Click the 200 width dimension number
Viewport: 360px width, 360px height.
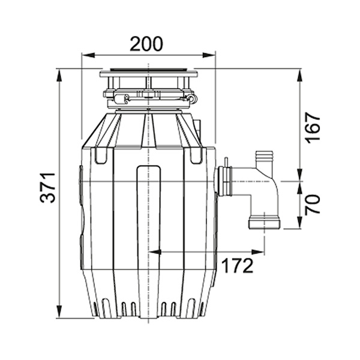tap(146, 44)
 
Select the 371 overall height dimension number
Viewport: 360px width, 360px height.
tap(48, 188)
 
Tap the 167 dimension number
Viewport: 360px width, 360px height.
tap(313, 128)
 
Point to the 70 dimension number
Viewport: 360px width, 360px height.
tap(313, 205)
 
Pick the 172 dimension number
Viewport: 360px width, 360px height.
tap(238, 266)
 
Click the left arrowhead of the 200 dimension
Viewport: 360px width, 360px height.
tap(88, 55)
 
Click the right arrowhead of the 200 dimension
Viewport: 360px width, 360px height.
tap(209, 55)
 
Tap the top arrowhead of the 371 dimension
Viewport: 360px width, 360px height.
tap(59, 76)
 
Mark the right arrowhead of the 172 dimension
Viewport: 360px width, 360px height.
tap(258, 252)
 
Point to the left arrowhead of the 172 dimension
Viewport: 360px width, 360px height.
tap(155, 252)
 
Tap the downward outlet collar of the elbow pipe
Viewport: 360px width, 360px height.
tap(265, 221)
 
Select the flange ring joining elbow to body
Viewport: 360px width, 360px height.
tap(224, 182)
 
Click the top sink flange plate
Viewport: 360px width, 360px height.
tap(149, 74)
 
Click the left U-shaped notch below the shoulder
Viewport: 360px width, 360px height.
tap(101, 155)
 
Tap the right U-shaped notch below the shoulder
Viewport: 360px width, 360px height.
tap(196, 155)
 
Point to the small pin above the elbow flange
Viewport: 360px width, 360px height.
tap(226, 162)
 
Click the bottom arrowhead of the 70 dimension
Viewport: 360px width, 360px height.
tap(300, 222)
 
